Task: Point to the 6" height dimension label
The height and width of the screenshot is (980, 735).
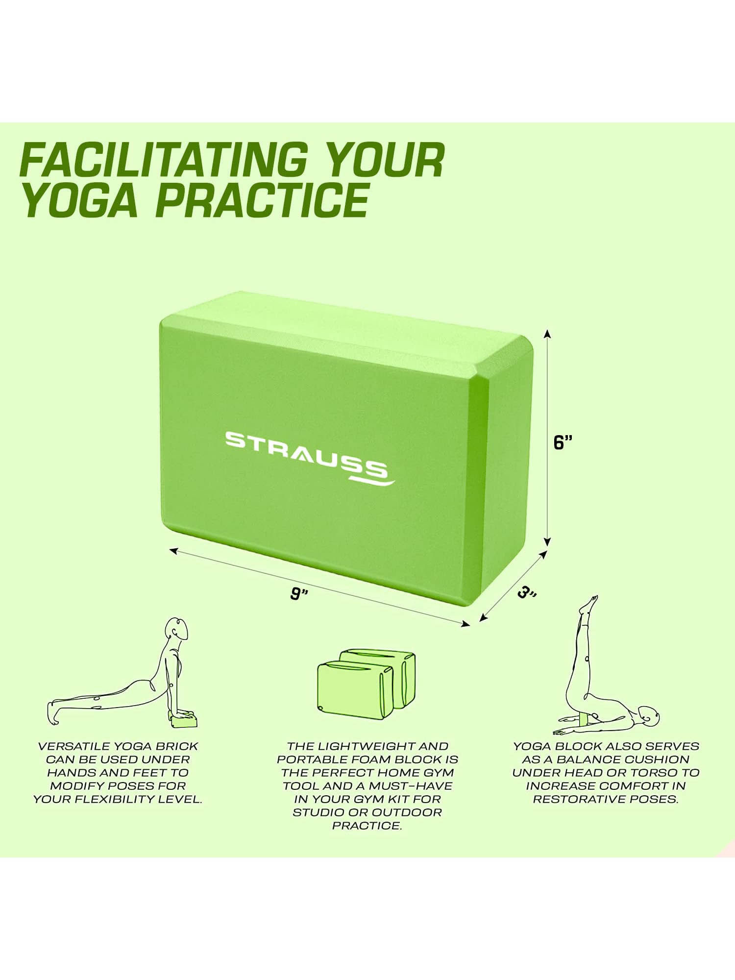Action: coord(563,442)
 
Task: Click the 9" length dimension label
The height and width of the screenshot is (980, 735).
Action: coord(298,594)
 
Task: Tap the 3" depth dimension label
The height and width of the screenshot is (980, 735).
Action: coord(527,593)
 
